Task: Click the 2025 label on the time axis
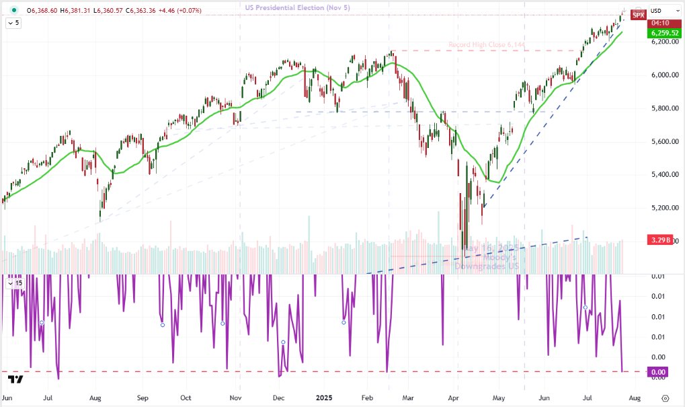tap(325, 398)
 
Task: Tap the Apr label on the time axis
tap(457, 398)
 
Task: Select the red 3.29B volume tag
tap(659, 240)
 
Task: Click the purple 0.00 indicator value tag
tap(659, 372)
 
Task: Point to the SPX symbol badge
tap(639, 14)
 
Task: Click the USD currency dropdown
tap(657, 11)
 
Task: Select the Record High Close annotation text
tap(486, 45)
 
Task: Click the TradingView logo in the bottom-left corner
tap(15, 379)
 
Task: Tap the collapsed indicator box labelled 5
tap(13, 22)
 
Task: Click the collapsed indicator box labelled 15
tap(15, 283)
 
